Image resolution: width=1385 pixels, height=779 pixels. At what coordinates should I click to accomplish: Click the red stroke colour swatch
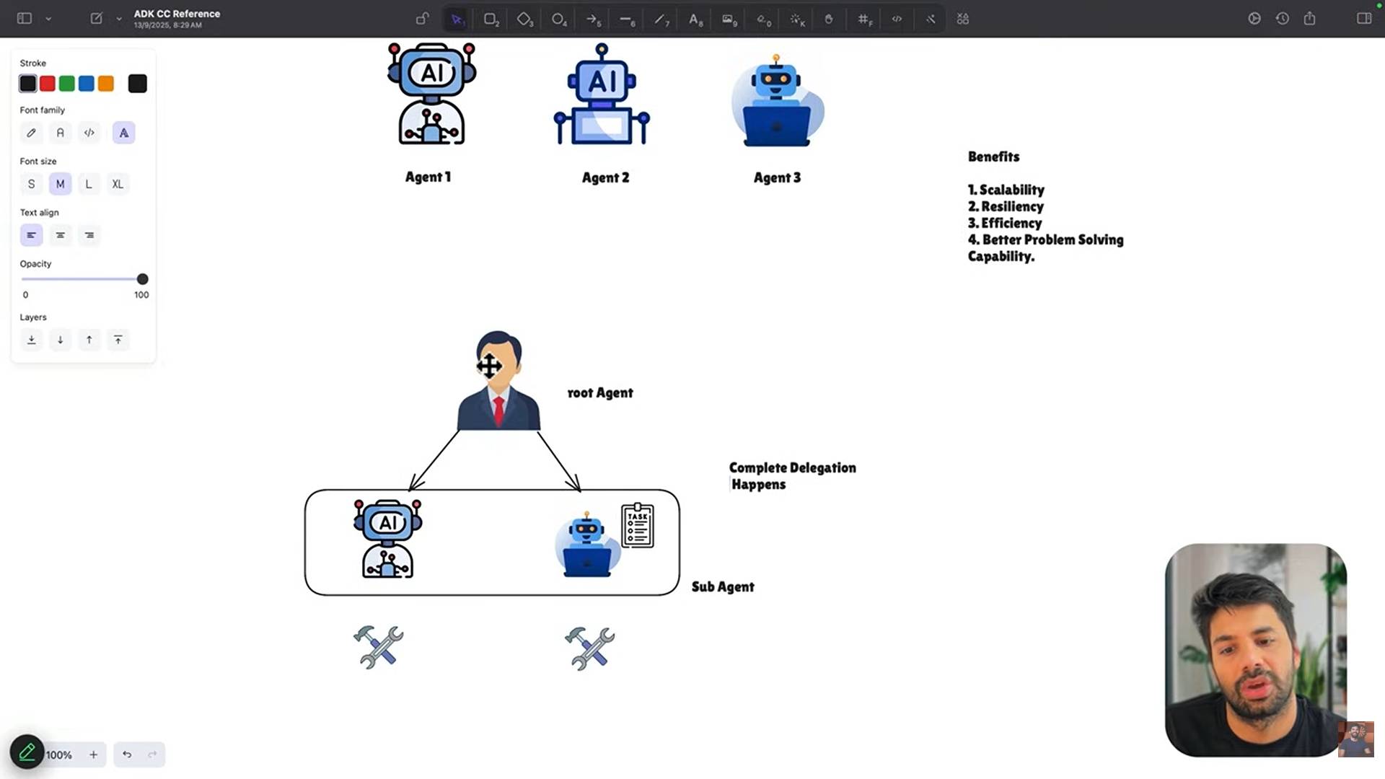click(x=48, y=84)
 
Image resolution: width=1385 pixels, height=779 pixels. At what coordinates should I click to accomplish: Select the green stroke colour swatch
click(x=67, y=84)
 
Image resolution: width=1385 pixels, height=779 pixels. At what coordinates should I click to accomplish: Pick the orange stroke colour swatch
click(x=106, y=84)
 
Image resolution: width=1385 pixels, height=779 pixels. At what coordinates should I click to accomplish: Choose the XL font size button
click(x=118, y=184)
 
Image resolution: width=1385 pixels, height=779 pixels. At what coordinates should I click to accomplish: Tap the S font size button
click(x=31, y=184)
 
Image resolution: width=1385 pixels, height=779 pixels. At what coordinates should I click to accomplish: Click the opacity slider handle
click(x=143, y=279)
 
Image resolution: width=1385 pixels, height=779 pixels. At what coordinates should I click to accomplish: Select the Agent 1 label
click(x=428, y=177)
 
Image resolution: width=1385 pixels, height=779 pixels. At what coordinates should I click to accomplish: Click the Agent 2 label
click(x=606, y=177)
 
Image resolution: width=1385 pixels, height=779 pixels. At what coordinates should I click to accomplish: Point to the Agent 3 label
click(x=777, y=177)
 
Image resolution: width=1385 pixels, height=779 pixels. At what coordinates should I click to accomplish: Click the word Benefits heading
click(x=993, y=157)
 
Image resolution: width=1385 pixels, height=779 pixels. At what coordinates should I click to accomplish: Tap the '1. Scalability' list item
click(x=1006, y=190)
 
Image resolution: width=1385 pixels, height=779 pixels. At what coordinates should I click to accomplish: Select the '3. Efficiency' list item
click(x=1005, y=223)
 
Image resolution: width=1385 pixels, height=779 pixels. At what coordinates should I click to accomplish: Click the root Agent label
click(x=600, y=392)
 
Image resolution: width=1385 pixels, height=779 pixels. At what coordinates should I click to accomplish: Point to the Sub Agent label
click(x=723, y=586)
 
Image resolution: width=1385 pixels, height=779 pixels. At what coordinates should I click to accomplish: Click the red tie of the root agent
click(x=498, y=410)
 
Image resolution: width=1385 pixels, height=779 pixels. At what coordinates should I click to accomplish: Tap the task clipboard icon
click(x=638, y=526)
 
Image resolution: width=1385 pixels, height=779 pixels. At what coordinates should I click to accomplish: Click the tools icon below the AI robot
click(x=378, y=647)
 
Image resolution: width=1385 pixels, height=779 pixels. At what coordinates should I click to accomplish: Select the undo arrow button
click(x=127, y=754)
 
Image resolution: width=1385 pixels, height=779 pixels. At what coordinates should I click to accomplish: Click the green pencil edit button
click(x=27, y=752)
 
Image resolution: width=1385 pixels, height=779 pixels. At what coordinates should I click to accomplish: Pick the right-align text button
click(x=89, y=235)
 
